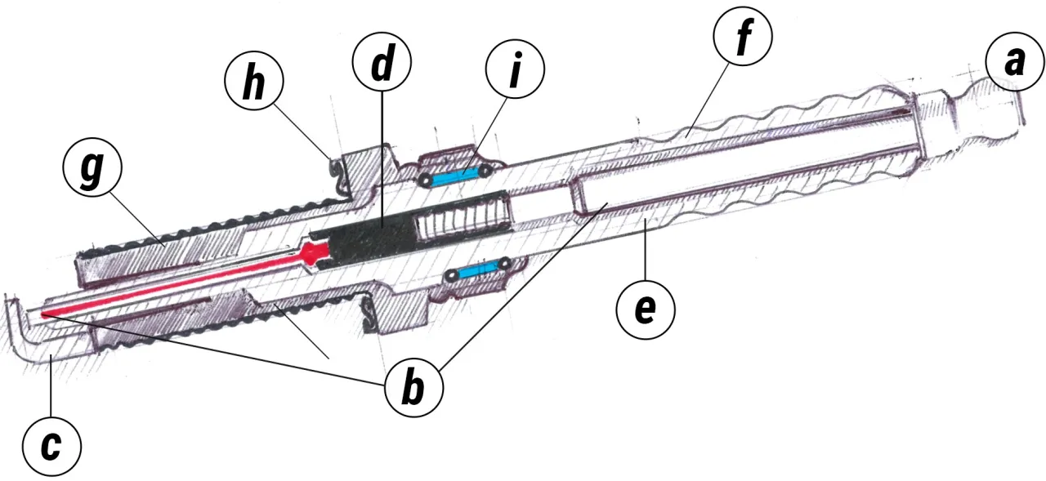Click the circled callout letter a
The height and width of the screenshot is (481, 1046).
1015,62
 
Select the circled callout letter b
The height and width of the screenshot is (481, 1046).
413,388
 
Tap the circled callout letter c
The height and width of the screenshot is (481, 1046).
51,447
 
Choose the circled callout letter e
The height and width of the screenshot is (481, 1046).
646,310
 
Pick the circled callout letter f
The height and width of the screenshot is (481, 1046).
743,36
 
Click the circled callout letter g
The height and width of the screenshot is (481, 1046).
92,167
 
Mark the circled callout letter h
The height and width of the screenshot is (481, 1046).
254,81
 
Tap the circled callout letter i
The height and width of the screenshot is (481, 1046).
515,69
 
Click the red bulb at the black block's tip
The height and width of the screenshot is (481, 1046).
312,254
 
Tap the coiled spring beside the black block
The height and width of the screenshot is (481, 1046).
463,219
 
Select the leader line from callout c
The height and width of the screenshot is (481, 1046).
51,386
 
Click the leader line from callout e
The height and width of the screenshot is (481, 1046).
646,250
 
